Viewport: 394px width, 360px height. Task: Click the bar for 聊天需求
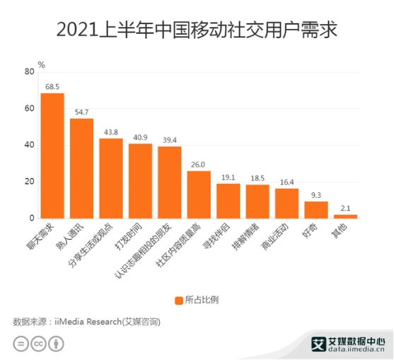52,156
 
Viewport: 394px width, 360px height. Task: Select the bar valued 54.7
81,168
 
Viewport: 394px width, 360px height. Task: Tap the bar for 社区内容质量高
199,194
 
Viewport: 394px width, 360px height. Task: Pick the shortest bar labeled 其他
345,216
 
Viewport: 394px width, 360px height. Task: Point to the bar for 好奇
316,210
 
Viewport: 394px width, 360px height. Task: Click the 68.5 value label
52,87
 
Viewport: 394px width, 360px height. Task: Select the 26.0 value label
198,165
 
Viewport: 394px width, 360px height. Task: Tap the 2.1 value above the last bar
345,208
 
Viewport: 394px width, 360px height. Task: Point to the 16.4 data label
286,182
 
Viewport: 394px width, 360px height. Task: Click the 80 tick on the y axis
29,72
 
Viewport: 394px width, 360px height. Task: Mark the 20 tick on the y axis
29,182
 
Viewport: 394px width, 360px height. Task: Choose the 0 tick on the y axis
32,218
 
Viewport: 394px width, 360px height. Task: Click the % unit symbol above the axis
42,65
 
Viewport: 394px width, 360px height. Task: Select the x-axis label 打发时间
128,236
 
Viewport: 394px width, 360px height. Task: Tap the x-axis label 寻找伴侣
216,236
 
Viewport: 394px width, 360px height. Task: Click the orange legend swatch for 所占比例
179,301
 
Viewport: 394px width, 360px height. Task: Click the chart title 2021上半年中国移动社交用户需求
197,30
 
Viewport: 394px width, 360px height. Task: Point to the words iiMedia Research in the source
88,322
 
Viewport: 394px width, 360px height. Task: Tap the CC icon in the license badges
38,344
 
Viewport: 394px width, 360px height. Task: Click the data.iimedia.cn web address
356,349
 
